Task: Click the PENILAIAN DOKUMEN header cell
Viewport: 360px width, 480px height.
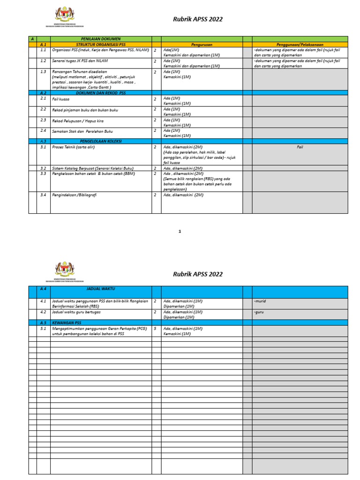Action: click(101, 39)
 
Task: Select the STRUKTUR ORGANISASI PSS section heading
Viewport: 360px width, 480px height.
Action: click(101, 44)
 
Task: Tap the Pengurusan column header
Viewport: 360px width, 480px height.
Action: click(202, 44)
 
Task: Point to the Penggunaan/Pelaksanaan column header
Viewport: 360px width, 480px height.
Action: click(300, 44)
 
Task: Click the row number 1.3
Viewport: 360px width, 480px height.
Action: click(43, 71)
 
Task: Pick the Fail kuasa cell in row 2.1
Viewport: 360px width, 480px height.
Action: click(61, 99)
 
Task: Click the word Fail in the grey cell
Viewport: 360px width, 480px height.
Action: click(300, 147)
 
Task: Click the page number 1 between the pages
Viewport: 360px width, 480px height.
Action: click(180, 231)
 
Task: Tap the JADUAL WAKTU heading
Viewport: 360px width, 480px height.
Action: click(101, 290)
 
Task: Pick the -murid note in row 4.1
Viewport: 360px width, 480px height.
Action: click(260, 301)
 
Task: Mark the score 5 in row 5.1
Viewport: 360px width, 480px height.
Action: click(155, 329)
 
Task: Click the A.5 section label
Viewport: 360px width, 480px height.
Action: click(43, 322)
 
